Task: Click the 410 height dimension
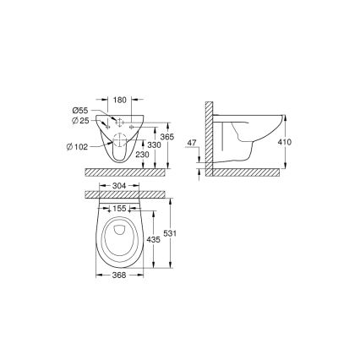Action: coord(286,142)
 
